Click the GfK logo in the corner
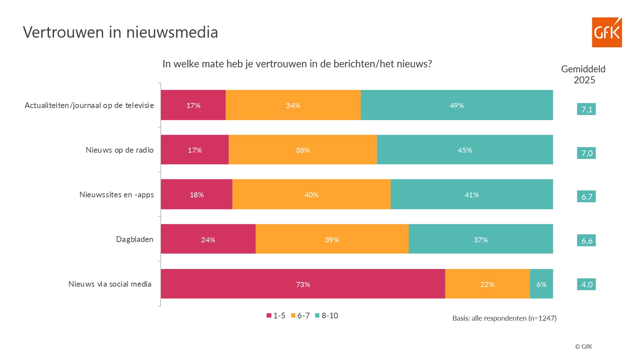tap(607, 32)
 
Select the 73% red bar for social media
tap(303, 284)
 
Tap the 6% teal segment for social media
tap(541, 284)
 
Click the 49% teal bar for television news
tap(457, 105)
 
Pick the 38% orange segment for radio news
tap(303, 150)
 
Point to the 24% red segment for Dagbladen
tap(208, 239)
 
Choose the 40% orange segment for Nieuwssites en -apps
tap(311, 194)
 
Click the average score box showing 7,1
tap(586, 109)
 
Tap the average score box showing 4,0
tap(586, 284)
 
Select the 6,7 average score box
tap(586, 197)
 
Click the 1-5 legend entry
tap(276, 316)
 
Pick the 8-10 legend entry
tap(327, 316)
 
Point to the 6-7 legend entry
tap(301, 316)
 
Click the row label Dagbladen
tap(135, 239)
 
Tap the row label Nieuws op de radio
tap(120, 150)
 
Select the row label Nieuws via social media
tap(110, 284)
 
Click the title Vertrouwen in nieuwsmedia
tap(120, 32)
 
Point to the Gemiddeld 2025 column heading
tap(583, 74)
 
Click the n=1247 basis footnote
tap(504, 318)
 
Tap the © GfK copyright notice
tap(583, 347)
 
